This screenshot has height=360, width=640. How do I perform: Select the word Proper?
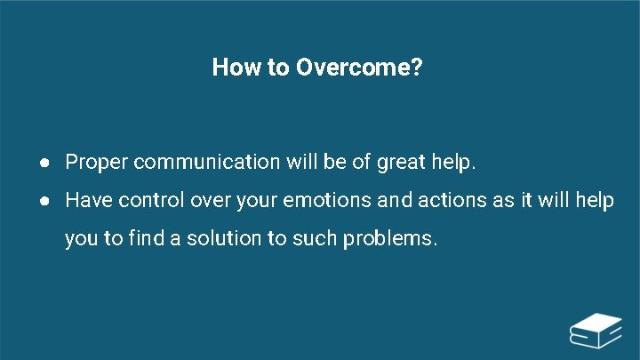(97, 163)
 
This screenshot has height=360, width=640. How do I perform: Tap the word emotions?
(328, 201)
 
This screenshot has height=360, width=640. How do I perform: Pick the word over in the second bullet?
(211, 201)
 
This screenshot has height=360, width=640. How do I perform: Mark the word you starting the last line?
(81, 239)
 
